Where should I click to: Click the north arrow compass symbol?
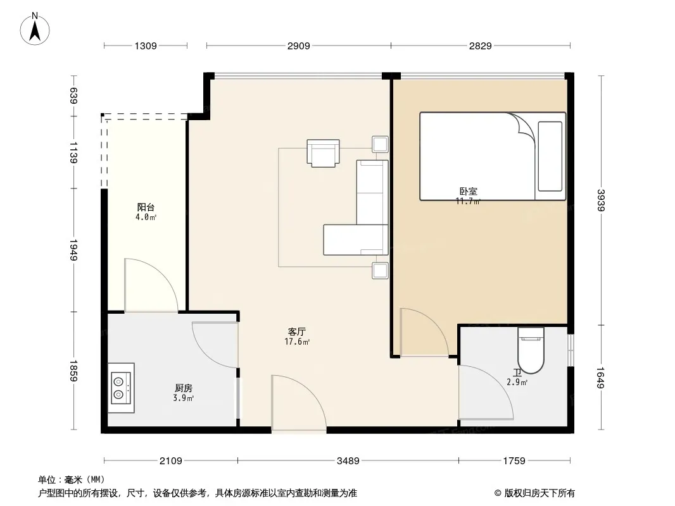coord(35,29)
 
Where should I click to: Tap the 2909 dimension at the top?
coord(298,46)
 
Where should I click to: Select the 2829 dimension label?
coord(480,46)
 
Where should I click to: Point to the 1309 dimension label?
coord(146,46)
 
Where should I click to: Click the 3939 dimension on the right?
coord(601,201)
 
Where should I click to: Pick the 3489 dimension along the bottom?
coord(348,461)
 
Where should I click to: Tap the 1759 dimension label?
coord(514,461)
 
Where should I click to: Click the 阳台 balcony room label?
coord(146,207)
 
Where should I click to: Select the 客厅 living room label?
coord(296,332)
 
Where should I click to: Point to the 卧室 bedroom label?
coord(469,191)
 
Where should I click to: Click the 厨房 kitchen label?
coord(184,388)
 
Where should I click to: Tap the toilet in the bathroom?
coord(531,350)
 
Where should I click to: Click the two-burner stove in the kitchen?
coord(121,388)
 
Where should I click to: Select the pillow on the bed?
coord(550,156)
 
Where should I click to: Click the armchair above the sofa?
coord(324,152)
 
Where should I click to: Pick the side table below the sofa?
coord(380,271)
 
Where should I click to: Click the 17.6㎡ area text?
coord(297,342)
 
